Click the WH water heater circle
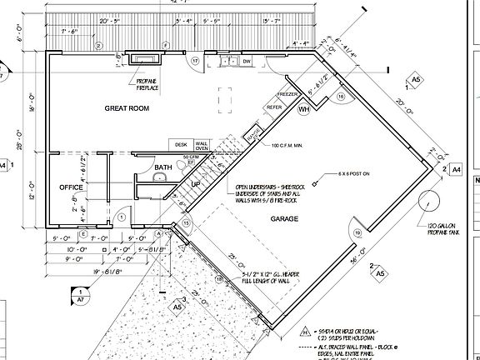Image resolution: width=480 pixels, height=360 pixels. pyautogui.click(x=304, y=109)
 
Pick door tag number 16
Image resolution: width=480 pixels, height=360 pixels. pyautogui.click(x=341, y=97)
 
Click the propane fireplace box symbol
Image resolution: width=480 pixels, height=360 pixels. pyautogui.click(x=147, y=59)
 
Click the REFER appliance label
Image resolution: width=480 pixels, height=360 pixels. pyautogui.click(x=272, y=107)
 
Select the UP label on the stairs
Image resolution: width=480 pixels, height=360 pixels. pyautogui.click(x=197, y=183)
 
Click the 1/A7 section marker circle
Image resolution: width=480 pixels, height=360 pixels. pyautogui.click(x=81, y=294)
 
